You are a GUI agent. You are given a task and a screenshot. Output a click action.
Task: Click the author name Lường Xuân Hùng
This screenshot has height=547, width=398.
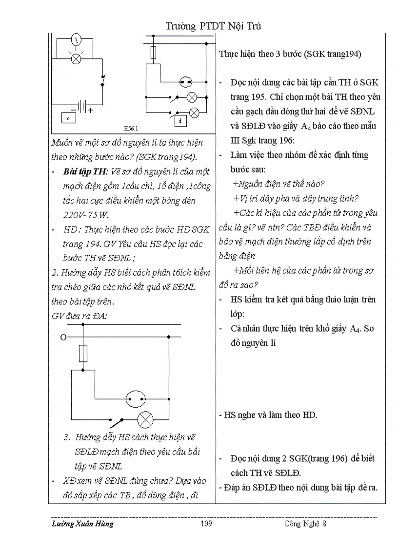(x=82, y=524)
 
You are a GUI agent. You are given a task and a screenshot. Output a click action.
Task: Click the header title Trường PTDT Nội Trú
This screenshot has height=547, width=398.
(x=214, y=26)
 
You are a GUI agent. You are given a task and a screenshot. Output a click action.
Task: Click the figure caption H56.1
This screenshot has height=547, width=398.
(x=131, y=129)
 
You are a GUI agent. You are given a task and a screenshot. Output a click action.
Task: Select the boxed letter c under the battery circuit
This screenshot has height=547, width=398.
(x=68, y=117)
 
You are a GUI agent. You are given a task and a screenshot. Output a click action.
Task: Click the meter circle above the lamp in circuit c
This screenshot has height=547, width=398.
(x=76, y=38)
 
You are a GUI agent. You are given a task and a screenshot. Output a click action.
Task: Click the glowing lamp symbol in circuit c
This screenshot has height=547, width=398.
(x=76, y=58)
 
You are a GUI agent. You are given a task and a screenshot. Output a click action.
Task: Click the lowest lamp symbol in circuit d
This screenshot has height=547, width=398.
(x=194, y=113)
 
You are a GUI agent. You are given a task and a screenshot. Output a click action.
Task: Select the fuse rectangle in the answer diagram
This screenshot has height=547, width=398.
(x=83, y=353)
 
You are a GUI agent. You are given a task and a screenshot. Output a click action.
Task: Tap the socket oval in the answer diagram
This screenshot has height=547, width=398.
(x=136, y=398)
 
